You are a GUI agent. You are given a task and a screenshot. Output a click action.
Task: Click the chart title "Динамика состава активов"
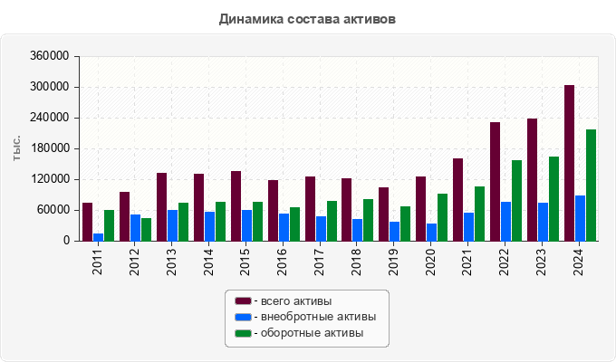click(307, 19)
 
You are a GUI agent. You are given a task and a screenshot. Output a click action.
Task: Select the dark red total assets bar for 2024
click(569, 163)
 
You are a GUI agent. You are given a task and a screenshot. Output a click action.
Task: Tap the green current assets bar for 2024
click(591, 186)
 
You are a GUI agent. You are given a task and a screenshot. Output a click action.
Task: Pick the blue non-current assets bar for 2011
click(98, 237)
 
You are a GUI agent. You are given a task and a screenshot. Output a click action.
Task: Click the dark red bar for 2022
click(495, 182)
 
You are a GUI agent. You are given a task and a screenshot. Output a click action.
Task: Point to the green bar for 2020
click(442, 217)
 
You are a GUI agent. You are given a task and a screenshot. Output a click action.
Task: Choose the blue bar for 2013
click(172, 225)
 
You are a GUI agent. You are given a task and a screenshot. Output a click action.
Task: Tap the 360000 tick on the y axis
click(50, 56)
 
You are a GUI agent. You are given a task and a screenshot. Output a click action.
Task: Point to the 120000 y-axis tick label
click(50, 179)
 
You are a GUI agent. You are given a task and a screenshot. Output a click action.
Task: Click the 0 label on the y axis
click(66, 241)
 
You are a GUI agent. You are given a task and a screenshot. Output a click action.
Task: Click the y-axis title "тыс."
click(16, 149)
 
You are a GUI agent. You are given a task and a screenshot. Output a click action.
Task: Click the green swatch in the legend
click(243, 333)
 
